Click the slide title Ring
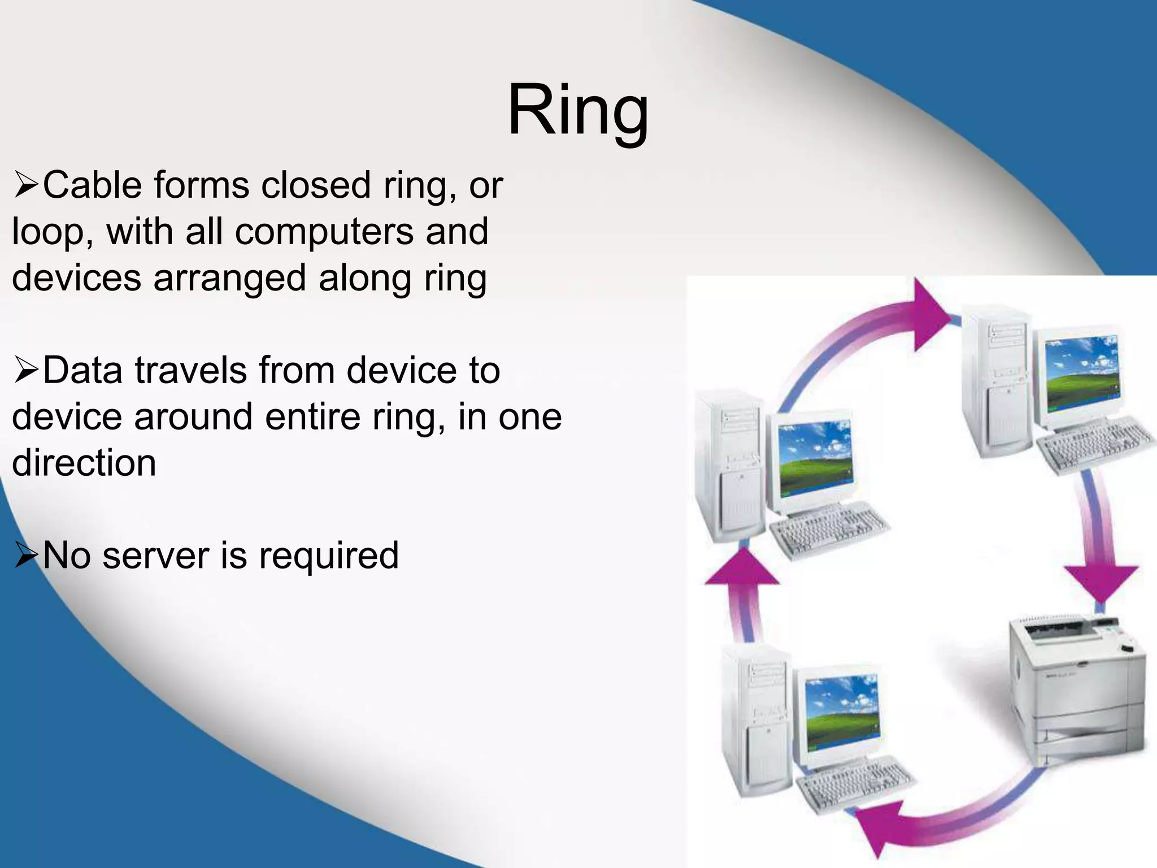pyautogui.click(x=578, y=110)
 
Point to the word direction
pyautogui.click(x=84, y=463)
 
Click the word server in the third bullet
pyautogui.click(x=155, y=555)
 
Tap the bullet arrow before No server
pyautogui.click(x=26, y=556)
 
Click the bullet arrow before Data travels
pyautogui.click(x=26, y=372)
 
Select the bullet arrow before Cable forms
pyautogui.click(x=26, y=186)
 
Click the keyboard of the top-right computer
pyautogui.click(x=1093, y=446)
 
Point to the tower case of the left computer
pyautogui.click(x=729, y=469)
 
